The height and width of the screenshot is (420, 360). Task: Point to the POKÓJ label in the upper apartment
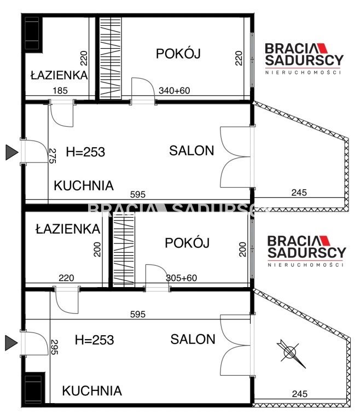click(x=179, y=54)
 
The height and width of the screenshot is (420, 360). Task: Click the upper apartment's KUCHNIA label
click(x=84, y=185)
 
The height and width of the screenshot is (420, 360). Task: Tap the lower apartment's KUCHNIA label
click(x=91, y=391)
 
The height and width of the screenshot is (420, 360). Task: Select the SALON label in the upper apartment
click(x=191, y=151)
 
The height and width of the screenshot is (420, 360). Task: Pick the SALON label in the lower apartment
click(x=193, y=339)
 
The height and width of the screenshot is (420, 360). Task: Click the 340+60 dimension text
click(x=174, y=91)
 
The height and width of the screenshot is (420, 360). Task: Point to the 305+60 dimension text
click(x=181, y=278)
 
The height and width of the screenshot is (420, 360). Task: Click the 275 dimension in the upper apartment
click(x=53, y=156)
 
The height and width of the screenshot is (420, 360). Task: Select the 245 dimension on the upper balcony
click(x=299, y=192)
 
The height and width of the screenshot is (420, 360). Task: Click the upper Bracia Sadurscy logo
click(x=304, y=57)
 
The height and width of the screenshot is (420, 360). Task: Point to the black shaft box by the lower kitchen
click(x=33, y=389)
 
